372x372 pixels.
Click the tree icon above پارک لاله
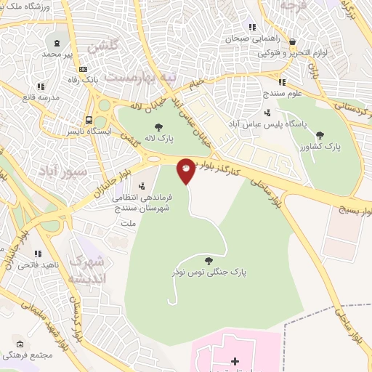click(158, 126)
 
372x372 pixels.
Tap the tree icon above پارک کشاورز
click(320, 134)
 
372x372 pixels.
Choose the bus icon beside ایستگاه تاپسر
click(89, 121)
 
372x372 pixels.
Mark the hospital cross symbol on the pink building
click(235, 360)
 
